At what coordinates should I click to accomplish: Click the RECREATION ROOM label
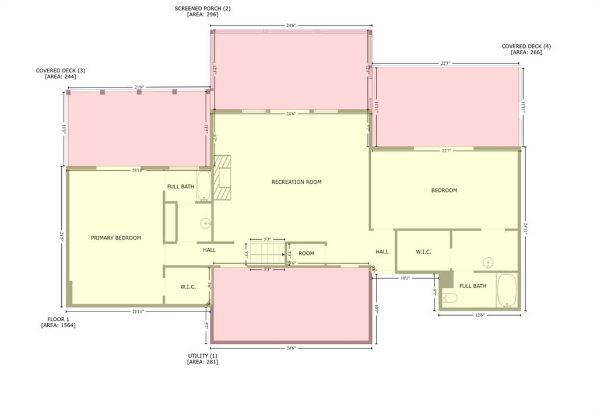point(296,182)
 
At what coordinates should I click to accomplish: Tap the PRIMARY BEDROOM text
point(116,238)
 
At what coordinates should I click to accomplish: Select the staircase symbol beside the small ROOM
point(266,254)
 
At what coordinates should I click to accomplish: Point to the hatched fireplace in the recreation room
point(222,177)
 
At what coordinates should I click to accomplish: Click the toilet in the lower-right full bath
point(449,298)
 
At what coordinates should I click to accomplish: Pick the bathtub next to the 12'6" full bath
point(506,291)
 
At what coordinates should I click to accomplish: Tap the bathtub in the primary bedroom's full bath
point(203,186)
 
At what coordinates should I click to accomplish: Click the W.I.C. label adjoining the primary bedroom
point(188,287)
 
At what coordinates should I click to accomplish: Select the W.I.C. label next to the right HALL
point(423,252)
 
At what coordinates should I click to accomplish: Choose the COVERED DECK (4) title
point(526,46)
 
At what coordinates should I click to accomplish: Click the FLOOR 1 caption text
point(58,319)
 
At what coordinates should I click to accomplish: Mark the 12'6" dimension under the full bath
point(480,316)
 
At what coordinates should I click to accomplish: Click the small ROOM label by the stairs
point(306,253)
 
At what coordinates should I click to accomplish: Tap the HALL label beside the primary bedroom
point(209,250)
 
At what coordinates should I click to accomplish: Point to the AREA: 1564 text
point(58,326)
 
